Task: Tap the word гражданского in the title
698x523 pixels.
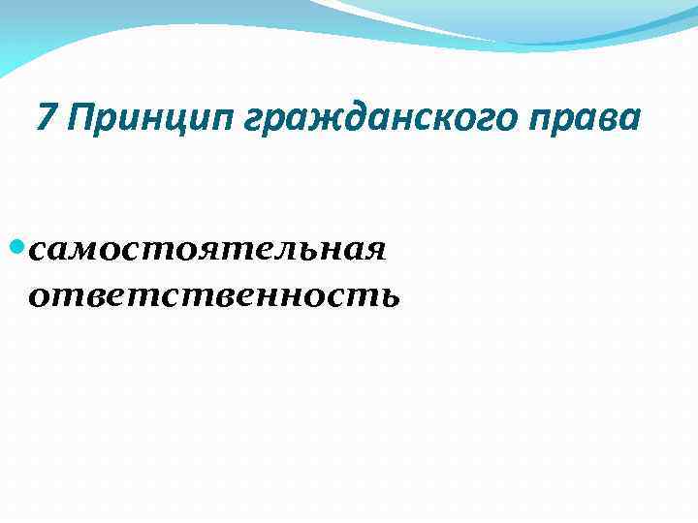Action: (x=373, y=119)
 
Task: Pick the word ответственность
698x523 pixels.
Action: (x=213, y=294)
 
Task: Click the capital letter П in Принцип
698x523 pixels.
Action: (x=80, y=118)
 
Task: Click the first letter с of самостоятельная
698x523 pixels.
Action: (x=40, y=252)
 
